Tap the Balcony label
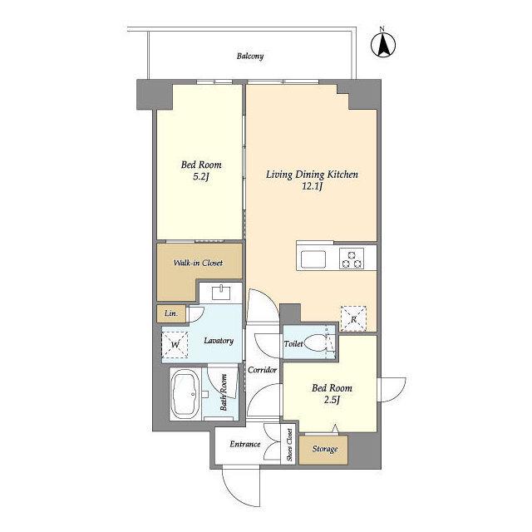point(250,56)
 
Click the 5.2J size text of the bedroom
point(200,177)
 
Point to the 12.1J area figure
point(312,186)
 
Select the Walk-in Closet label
point(198,263)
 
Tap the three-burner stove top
point(352,259)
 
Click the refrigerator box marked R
point(353,318)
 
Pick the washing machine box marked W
point(175,345)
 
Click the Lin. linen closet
point(171,313)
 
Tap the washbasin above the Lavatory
point(221,293)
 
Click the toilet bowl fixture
point(315,343)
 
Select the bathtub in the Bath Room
point(185,394)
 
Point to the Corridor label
point(263,370)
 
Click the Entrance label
point(245,444)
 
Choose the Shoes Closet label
point(289,445)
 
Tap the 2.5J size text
point(332,401)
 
